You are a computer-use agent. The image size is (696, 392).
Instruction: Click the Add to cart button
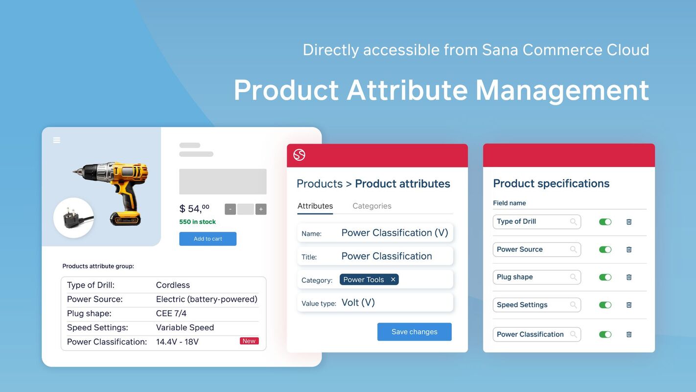208,239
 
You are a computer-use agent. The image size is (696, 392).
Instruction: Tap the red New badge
249,341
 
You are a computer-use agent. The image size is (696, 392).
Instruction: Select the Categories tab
372,206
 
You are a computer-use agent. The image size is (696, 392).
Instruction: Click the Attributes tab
315,206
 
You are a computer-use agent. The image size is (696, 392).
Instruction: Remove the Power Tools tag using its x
393,280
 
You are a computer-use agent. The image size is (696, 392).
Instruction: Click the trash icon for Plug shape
629,277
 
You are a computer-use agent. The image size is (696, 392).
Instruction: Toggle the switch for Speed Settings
605,305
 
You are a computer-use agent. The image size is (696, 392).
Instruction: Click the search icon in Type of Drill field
573,222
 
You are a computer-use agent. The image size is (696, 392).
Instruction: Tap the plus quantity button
261,209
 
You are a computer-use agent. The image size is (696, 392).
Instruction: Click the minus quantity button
231,209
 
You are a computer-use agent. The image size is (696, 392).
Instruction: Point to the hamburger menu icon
57,140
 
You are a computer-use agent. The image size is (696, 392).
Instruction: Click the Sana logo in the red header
299,155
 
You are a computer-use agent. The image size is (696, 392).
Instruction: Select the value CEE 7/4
171,313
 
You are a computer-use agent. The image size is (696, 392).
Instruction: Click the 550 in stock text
197,222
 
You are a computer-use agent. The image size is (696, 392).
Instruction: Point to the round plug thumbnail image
73,218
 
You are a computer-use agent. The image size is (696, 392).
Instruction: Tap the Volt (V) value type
358,303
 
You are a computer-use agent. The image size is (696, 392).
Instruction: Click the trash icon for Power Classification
629,335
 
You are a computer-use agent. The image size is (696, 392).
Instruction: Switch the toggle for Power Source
605,249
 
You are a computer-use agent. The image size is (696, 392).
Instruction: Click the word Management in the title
562,90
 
